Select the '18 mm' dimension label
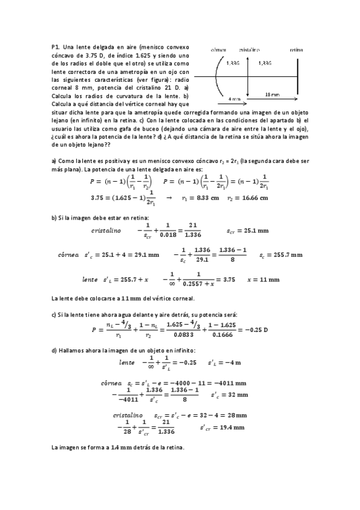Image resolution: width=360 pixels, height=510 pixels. click(x=272, y=94)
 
